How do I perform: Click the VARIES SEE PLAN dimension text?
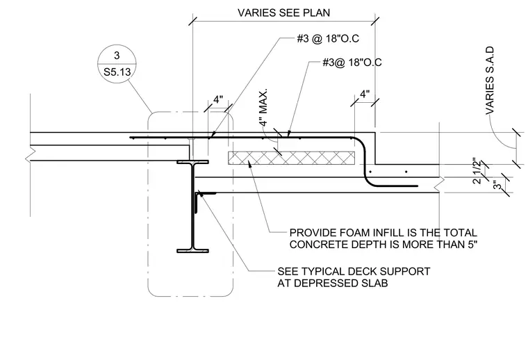point(283,13)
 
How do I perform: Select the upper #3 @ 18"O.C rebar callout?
point(328,38)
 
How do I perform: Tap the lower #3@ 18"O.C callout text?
point(352,63)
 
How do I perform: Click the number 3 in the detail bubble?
point(117,55)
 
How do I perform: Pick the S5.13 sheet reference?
point(117,72)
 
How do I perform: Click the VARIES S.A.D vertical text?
point(490,81)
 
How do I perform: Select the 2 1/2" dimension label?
point(477,170)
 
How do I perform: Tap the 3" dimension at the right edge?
point(497,185)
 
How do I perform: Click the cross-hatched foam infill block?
point(291,158)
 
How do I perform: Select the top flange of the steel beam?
point(192,162)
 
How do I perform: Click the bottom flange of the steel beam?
point(192,251)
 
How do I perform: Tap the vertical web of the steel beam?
point(192,206)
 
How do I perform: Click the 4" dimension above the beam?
point(218,99)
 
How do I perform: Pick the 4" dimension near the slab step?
point(365,94)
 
